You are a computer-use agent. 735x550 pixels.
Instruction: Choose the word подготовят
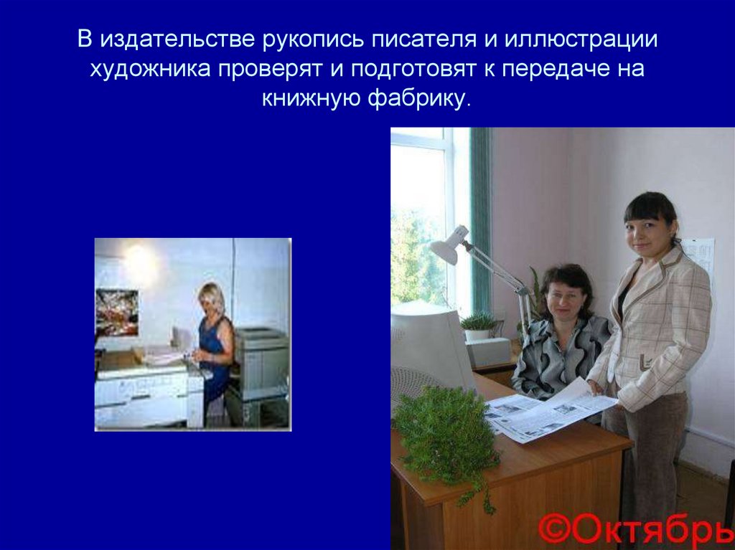[x=412, y=69]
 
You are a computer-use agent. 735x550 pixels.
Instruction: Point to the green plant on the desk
[x=446, y=430]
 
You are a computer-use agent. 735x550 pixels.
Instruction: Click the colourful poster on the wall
[x=116, y=311]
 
